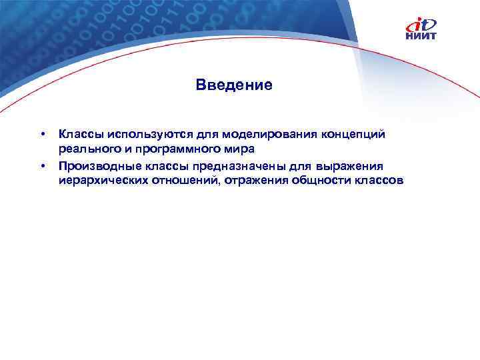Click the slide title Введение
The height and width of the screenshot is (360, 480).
click(234, 85)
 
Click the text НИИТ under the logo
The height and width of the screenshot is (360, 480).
click(421, 37)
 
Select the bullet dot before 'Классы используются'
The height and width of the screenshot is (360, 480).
click(43, 135)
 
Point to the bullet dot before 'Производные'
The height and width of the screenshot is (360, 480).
click(43, 165)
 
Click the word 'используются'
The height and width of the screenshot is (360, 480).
click(136, 135)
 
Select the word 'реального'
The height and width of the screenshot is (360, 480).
click(85, 149)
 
